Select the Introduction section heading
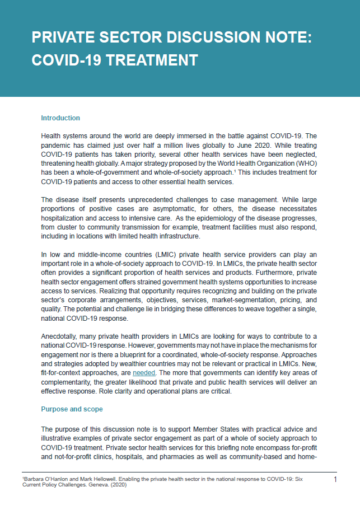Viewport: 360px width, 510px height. (x=60, y=118)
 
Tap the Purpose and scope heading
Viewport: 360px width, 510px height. (x=72, y=409)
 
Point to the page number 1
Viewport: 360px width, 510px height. (x=335, y=480)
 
